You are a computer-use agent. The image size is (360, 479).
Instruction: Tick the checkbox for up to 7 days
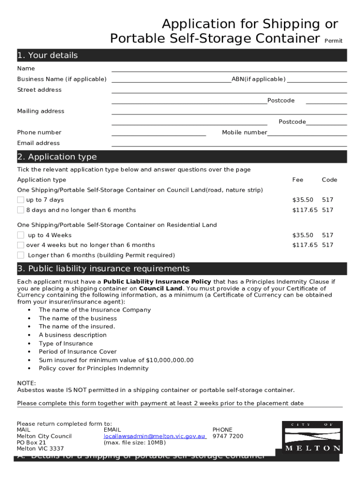pyautogui.click(x=21, y=200)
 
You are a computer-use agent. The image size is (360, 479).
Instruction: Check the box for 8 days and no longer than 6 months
pyautogui.click(x=21, y=210)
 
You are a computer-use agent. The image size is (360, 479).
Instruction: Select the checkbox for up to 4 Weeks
pyautogui.click(x=21, y=235)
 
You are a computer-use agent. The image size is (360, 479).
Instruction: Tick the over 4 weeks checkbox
pyautogui.click(x=21, y=245)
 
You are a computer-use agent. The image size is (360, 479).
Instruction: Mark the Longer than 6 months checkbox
pyautogui.click(x=21, y=255)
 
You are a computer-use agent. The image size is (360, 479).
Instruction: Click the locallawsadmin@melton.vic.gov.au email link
pyautogui.click(x=155, y=436)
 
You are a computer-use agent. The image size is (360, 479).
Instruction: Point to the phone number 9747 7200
pyautogui.click(x=228, y=436)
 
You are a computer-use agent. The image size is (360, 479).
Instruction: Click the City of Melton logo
pyautogui.click(x=312, y=437)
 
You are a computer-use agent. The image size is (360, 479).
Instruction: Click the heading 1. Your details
pyautogui.click(x=48, y=55)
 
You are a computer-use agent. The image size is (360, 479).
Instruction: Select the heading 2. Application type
pyautogui.click(x=57, y=157)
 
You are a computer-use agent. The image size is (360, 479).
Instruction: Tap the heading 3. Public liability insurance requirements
pyautogui.click(x=103, y=269)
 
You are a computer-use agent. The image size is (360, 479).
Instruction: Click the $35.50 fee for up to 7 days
pyautogui.click(x=302, y=200)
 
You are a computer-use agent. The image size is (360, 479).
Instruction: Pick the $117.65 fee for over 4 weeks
pyautogui.click(x=305, y=245)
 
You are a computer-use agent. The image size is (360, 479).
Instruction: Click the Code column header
pyautogui.click(x=329, y=180)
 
